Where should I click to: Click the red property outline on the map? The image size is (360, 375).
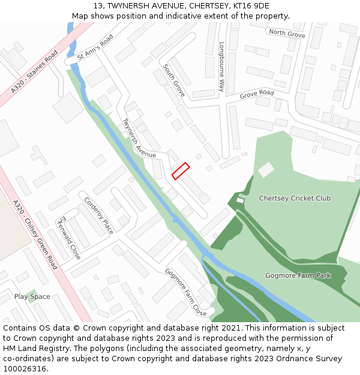181,171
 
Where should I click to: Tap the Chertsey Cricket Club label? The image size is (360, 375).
295,198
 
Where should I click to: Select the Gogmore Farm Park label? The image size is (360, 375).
298,275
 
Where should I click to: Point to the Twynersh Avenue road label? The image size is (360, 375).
139,139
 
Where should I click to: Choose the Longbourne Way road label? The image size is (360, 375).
221,66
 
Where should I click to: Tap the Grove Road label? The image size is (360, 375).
256,94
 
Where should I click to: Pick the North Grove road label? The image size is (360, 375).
287,33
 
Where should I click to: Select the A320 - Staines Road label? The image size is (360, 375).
34,72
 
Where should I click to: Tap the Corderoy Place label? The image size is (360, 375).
98,215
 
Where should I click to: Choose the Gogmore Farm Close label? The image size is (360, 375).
186,292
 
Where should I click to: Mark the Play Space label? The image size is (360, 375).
32,296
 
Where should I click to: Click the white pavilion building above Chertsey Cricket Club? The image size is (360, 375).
266,170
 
